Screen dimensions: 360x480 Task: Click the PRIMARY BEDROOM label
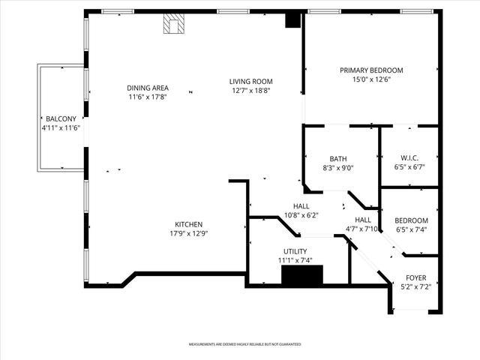[x=371, y=70]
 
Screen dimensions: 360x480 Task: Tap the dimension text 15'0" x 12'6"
[x=371, y=79]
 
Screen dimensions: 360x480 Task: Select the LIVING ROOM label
[x=250, y=81]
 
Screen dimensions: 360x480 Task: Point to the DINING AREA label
[x=147, y=88]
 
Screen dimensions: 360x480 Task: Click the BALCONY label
[x=60, y=119]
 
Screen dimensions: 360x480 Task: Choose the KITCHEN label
[x=188, y=224]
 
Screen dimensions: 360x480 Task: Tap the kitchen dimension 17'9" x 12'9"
[x=188, y=233]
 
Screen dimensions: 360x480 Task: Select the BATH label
[x=338, y=158]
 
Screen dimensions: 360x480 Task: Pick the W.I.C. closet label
[x=409, y=158]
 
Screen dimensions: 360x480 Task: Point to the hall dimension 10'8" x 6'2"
[x=301, y=215]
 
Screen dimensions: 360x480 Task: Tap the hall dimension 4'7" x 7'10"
[x=363, y=229]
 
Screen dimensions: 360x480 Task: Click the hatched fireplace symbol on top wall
[x=174, y=25]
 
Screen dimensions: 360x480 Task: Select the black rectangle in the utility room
[x=301, y=275]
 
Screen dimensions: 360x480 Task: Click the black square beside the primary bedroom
[x=292, y=21]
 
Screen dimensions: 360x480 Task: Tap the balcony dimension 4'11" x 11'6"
[x=60, y=128]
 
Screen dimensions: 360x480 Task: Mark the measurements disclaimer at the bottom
[x=244, y=344]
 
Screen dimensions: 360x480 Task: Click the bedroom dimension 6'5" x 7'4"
[x=411, y=229]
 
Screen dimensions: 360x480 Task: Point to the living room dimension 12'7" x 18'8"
[x=250, y=90]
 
